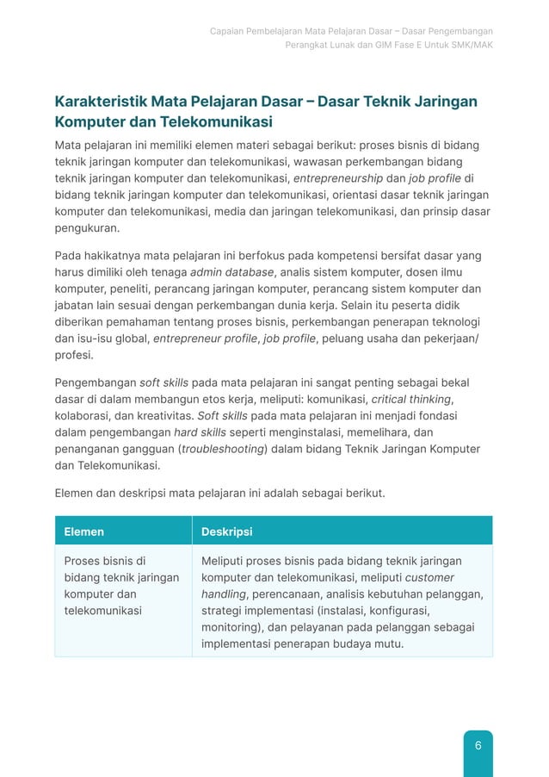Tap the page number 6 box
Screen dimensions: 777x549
(478, 746)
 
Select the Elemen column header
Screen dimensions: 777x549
(84, 531)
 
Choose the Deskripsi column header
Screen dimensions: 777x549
(226, 531)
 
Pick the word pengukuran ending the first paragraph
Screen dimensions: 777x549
(88, 228)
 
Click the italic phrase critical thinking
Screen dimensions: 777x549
(410, 399)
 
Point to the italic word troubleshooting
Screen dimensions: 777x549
(223, 449)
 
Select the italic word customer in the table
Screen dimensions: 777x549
(429, 578)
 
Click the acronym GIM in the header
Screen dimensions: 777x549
(377, 45)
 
